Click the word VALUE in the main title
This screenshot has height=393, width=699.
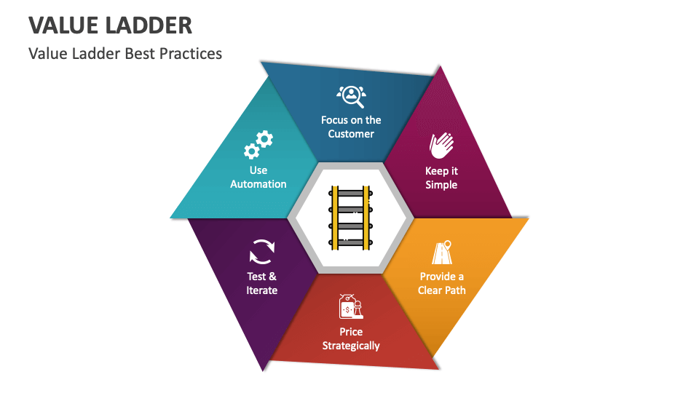coord(60,25)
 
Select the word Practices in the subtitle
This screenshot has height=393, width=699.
coord(190,54)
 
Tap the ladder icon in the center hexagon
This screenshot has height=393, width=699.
coord(351,218)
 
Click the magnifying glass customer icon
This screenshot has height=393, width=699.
coord(351,95)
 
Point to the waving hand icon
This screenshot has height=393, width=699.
coord(441,146)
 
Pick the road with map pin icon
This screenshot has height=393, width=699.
coord(441,252)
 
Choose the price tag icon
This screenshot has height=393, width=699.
coord(350,307)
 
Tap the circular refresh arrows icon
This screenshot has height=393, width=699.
coord(261,251)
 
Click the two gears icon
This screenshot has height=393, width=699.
coord(258,144)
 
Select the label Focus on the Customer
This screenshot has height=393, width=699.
coord(351,127)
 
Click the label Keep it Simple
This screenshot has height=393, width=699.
coord(441,178)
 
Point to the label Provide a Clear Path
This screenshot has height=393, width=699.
coord(441,283)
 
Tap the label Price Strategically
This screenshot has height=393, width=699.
coord(351,338)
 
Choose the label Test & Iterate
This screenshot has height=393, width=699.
coord(261,283)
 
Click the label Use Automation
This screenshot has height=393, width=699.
coord(258,177)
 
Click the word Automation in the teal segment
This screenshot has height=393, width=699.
coord(258,184)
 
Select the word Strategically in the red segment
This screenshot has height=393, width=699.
coord(351,346)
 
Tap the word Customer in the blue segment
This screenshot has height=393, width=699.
coord(351,134)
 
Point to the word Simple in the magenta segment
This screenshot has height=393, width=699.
coord(441,185)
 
